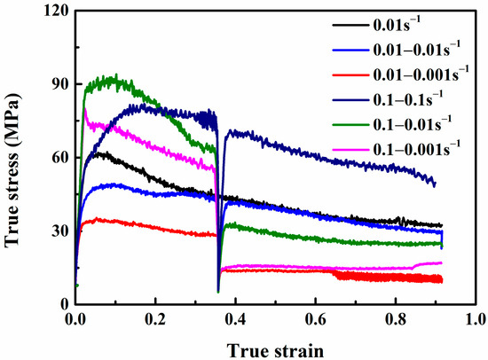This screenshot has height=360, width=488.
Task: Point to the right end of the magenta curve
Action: (x=441, y=262)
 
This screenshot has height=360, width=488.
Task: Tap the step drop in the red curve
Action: (x=335, y=274)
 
